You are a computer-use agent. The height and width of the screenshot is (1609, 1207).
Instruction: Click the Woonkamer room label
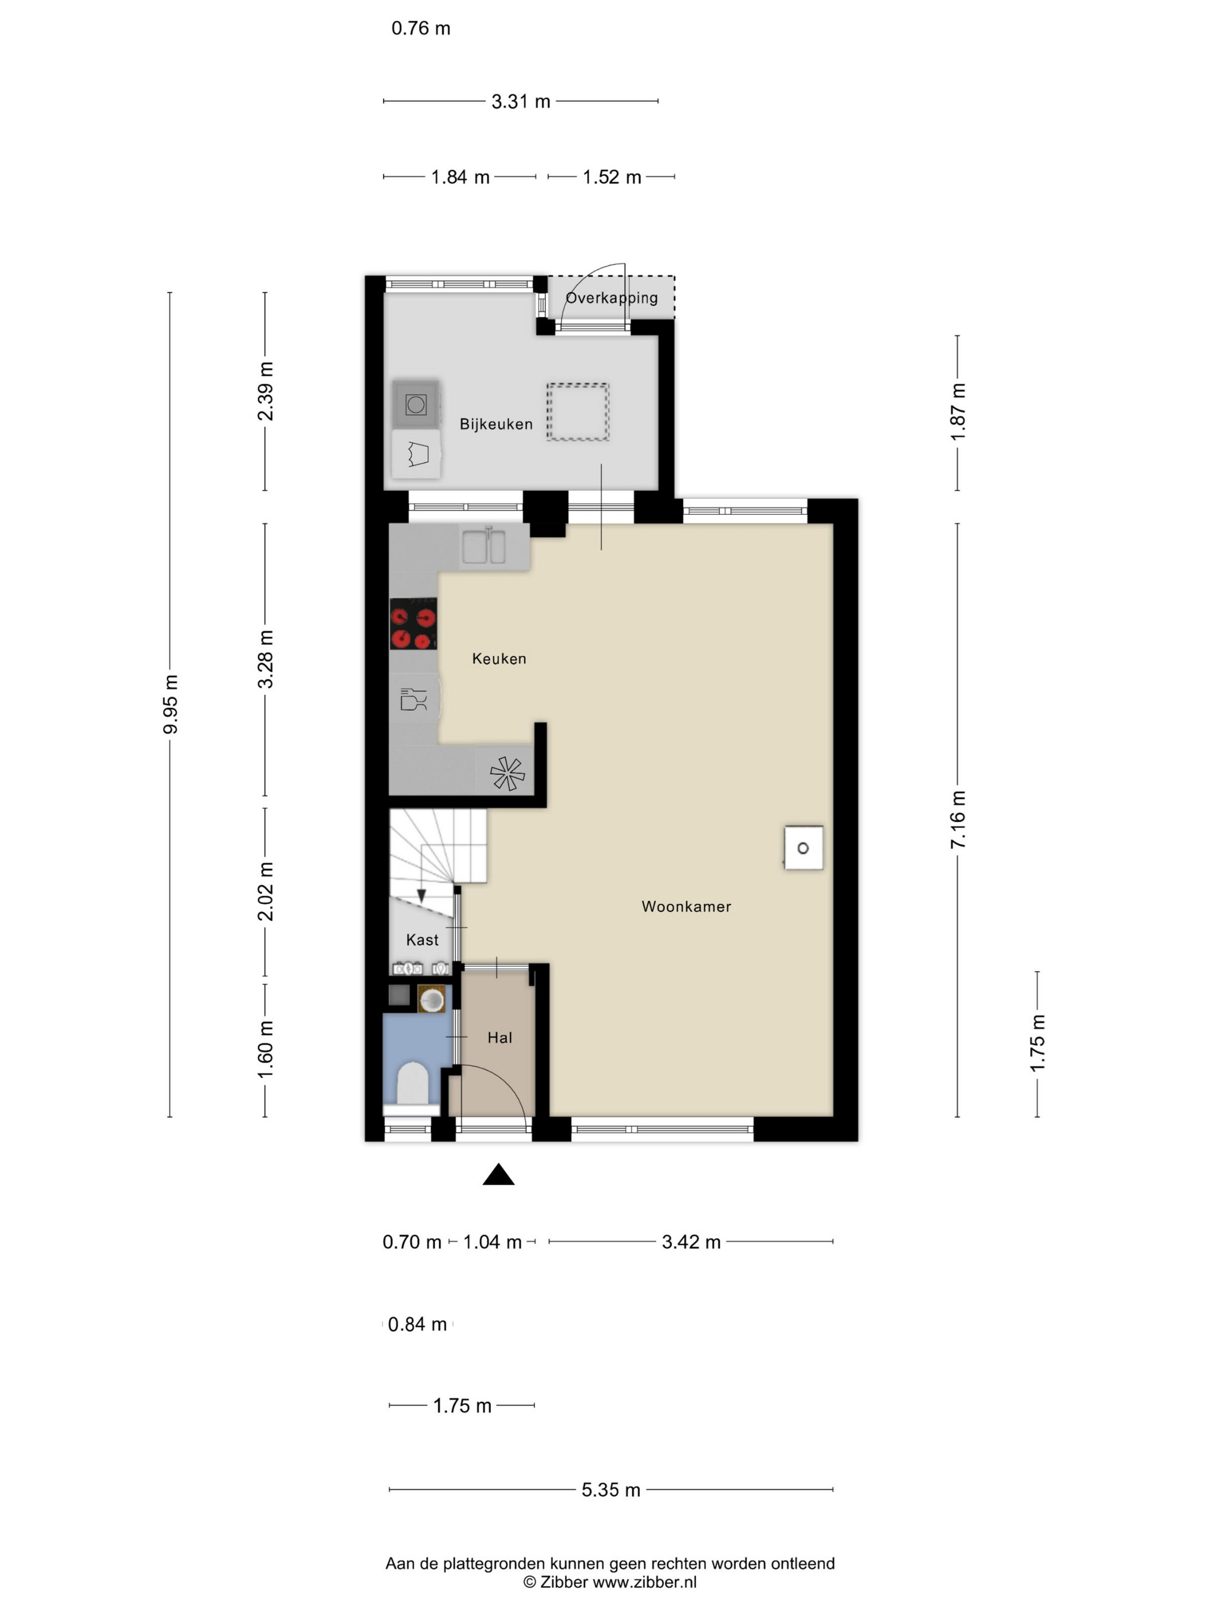(x=685, y=906)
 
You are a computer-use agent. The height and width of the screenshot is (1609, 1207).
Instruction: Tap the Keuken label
(x=498, y=659)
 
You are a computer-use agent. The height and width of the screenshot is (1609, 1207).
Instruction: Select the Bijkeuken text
(x=495, y=424)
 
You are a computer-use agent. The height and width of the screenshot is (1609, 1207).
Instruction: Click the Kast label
(x=422, y=940)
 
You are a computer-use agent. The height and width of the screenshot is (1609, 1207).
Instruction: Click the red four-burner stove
(x=413, y=623)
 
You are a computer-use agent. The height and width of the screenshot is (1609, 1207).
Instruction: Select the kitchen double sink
(x=484, y=547)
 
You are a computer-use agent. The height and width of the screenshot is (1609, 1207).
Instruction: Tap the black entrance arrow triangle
(x=498, y=1175)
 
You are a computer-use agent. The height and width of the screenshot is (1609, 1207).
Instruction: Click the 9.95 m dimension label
(x=170, y=704)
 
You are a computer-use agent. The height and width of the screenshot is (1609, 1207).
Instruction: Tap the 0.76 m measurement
(x=421, y=28)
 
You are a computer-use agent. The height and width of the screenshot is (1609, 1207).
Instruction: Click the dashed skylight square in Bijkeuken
(x=578, y=411)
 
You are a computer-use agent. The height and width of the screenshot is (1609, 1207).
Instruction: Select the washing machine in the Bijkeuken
(x=416, y=405)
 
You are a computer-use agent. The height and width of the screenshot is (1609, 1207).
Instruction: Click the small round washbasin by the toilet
(x=432, y=999)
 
